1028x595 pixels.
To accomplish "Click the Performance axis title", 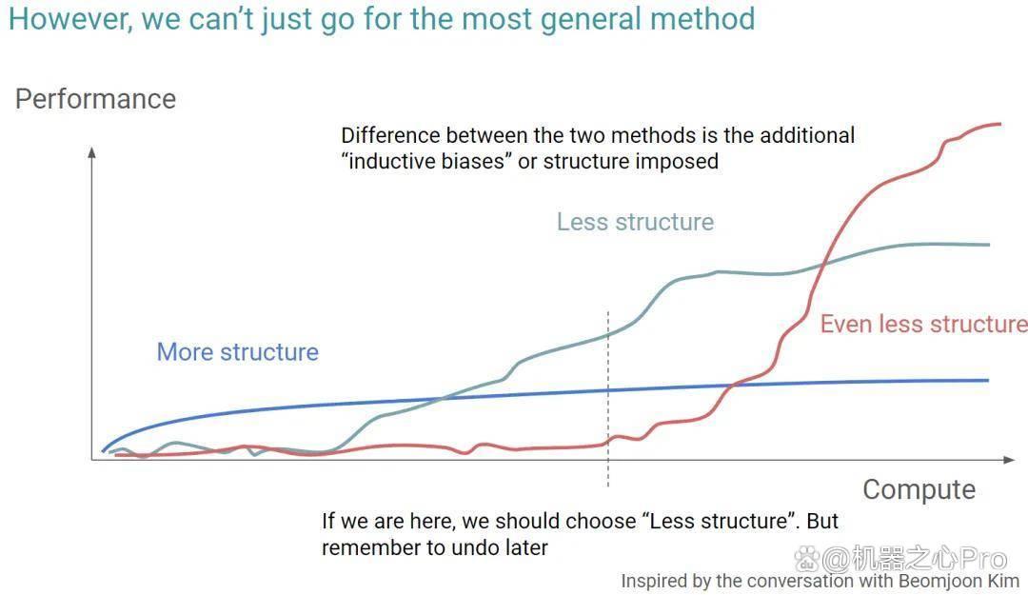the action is click(96, 100).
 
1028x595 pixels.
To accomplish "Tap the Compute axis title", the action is click(919, 490).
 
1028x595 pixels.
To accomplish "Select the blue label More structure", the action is click(237, 352).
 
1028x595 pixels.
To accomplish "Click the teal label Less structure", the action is click(635, 222).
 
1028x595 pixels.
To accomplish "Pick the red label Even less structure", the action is click(923, 324).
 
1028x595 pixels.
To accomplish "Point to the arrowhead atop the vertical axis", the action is click(91, 152).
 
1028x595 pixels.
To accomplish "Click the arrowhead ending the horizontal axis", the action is click(1010, 460).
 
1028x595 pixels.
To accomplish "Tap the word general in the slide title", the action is click(592, 20).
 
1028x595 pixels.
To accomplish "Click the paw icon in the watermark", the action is click(806, 559).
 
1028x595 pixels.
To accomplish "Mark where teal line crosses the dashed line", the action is click(608, 334).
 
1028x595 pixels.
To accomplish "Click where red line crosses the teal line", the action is click(823, 264).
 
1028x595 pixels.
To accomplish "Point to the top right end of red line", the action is click(1000, 124).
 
